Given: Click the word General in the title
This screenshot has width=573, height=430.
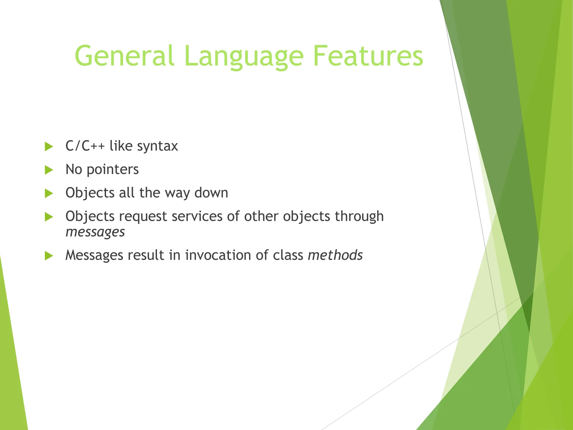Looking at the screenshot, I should pos(125,56).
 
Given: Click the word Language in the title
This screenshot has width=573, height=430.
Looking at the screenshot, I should pos(244,56).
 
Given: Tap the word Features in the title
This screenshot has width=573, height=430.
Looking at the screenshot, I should pos(368,56).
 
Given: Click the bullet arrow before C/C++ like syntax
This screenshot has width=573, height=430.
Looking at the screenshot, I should pos(49,146).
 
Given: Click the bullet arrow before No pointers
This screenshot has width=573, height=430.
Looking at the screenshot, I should pos(49,170).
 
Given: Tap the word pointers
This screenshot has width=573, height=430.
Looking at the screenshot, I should pos(112,170).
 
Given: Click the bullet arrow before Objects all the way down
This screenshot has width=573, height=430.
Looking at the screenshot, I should pos(49,193).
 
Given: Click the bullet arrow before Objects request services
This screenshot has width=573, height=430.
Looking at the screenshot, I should pos(49,217).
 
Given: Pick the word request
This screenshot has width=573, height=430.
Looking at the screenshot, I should pos(143,217).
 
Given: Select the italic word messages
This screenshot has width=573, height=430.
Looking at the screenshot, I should pos(95,232).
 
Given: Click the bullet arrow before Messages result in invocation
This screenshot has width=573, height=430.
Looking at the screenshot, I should pos(49,256).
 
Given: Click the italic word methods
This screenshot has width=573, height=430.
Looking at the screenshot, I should pos(335,255).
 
